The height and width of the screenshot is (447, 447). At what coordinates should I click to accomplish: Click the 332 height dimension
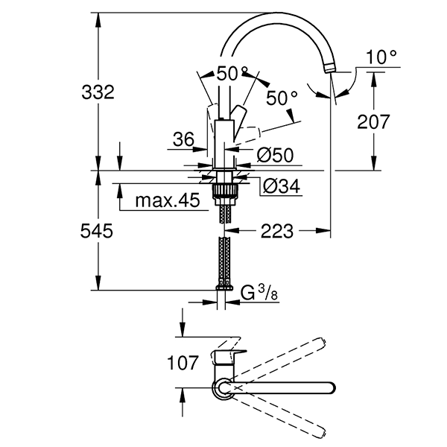[x=98, y=93]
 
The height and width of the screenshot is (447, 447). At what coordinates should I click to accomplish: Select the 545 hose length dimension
[x=98, y=232]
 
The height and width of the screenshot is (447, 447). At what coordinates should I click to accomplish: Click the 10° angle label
[x=383, y=57]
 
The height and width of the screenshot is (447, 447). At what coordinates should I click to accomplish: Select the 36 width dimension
[x=183, y=139]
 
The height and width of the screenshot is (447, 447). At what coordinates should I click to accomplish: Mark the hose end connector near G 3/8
[x=224, y=286]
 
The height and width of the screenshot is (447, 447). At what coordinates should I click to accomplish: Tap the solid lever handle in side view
[x=240, y=119]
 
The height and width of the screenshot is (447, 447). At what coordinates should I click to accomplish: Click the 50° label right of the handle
[x=282, y=98]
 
